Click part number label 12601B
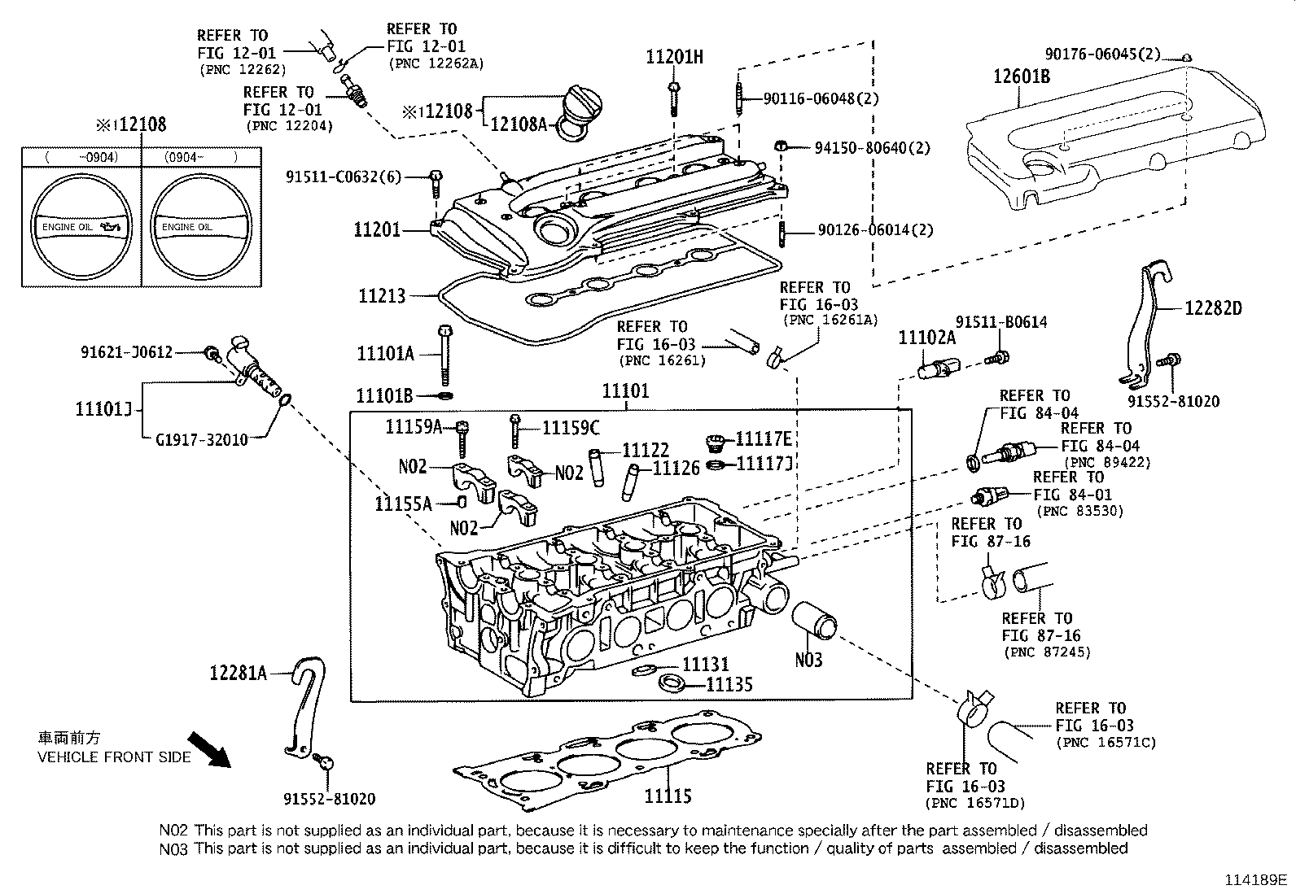click(1021, 77)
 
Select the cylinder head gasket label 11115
click(668, 796)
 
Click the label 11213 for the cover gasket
click(382, 295)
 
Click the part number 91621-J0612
click(126, 351)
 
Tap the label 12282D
click(1213, 308)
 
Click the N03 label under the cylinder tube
click(808, 660)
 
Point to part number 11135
click(729, 684)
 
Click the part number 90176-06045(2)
click(1102, 55)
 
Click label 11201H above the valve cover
click(674, 57)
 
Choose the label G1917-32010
click(201, 439)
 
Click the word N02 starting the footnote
click(173, 831)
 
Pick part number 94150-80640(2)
click(872, 148)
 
